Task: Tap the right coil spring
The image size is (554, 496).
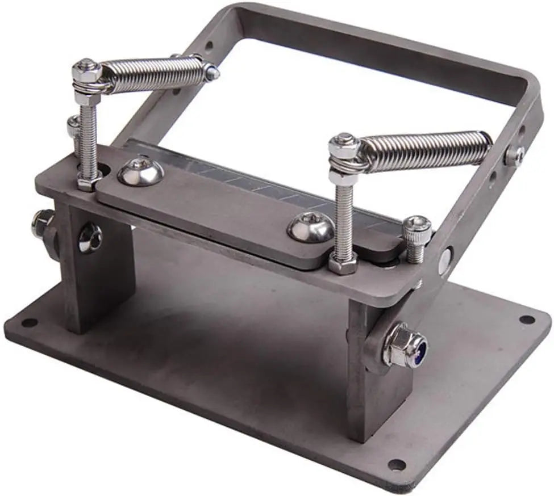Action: pos(426,150)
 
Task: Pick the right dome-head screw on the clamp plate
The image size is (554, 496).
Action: pos(310,228)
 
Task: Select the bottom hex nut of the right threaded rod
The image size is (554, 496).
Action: pos(343,263)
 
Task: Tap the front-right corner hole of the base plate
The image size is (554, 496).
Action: pos(396,465)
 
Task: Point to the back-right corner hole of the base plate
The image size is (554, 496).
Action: pos(527,320)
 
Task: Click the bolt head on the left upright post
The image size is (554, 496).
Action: pos(90,238)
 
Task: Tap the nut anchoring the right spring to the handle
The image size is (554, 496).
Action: pos(514,155)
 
